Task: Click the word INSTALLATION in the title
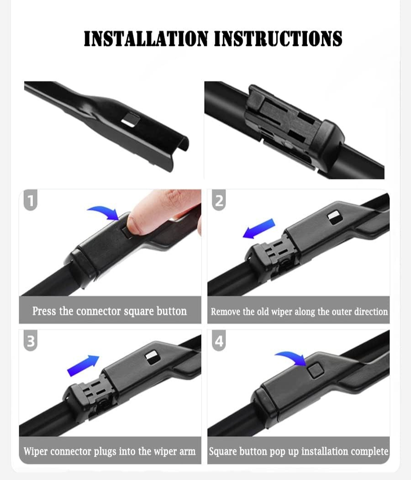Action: point(146,38)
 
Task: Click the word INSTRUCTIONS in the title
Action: point(278,38)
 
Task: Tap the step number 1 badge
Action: point(31,200)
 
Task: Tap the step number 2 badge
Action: point(219,200)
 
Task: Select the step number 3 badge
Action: point(31,340)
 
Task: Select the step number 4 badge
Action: point(219,340)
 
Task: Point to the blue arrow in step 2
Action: point(259,228)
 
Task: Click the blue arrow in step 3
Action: point(83,365)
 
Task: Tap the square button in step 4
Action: point(315,370)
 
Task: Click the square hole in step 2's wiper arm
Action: point(334,218)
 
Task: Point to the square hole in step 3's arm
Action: point(152,358)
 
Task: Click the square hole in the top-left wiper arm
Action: point(130,119)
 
